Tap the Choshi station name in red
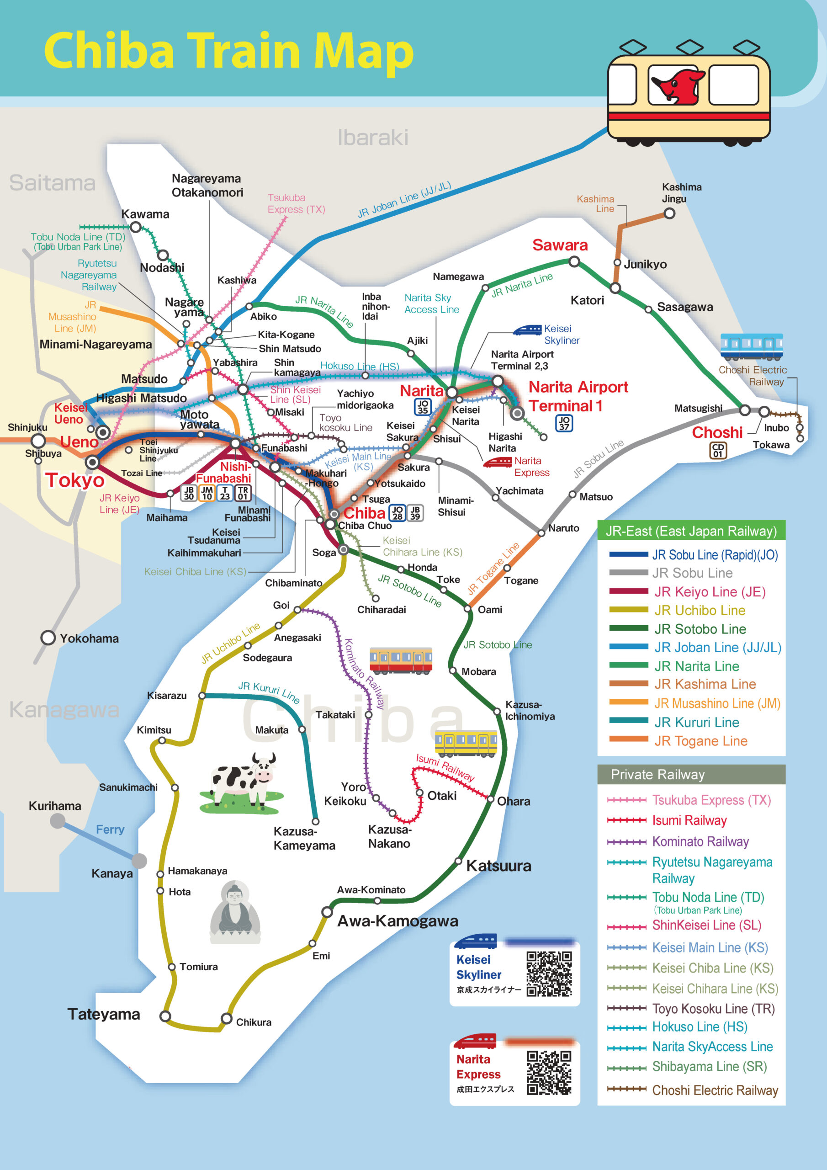pos(717,433)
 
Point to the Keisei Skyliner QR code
pos(549,974)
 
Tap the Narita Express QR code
pos(549,1073)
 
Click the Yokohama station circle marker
pos(48,638)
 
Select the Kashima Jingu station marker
pos(669,213)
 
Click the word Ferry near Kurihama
pos(110,830)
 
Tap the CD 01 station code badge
pos(718,450)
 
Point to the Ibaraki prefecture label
pos(373,138)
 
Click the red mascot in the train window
pos(677,85)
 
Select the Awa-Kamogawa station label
pos(398,921)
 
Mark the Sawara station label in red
pos(560,245)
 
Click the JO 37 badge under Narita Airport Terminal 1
pos(564,423)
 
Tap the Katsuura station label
pos(498,866)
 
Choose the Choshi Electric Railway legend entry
pos(693,1090)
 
